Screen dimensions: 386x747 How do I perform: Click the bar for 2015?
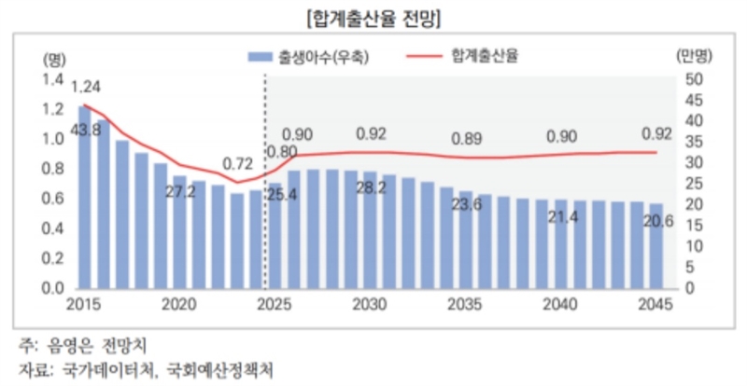[84, 196]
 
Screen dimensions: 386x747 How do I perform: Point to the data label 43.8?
[86, 130]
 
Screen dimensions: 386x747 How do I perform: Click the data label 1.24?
[85, 88]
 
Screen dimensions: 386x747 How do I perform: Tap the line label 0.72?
[238, 164]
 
